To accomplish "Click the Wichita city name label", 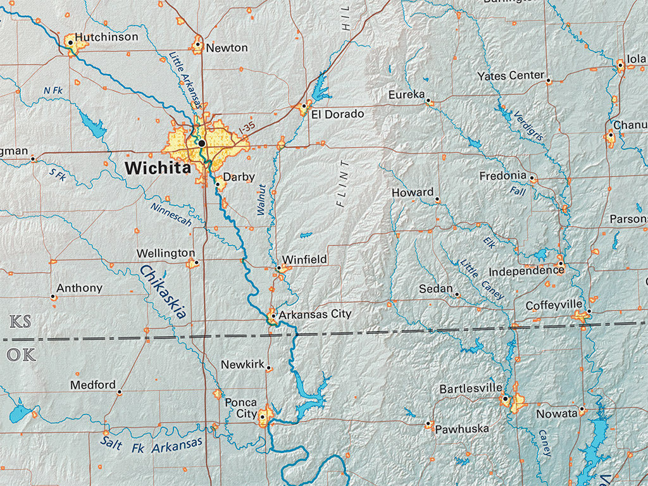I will pyautogui.click(x=158, y=168).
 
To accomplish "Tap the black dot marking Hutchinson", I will pyautogui.click(x=70, y=43).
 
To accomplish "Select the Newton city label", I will pyautogui.click(x=227, y=48).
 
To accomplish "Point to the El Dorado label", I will pyautogui.click(x=337, y=115).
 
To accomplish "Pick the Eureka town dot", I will pyautogui.click(x=428, y=101).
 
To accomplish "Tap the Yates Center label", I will pyautogui.click(x=511, y=76).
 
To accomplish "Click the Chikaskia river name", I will pyautogui.click(x=163, y=292).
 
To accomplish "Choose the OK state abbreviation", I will pyautogui.click(x=21, y=354).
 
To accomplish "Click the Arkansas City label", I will pyautogui.click(x=315, y=314).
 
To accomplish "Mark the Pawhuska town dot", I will pyautogui.click(x=428, y=423).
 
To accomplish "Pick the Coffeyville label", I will pyautogui.click(x=554, y=306).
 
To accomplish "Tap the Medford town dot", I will pyautogui.click(x=119, y=392).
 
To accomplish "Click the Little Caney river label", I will pyautogui.click(x=482, y=279).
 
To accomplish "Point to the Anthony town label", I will pyautogui.click(x=79, y=288).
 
